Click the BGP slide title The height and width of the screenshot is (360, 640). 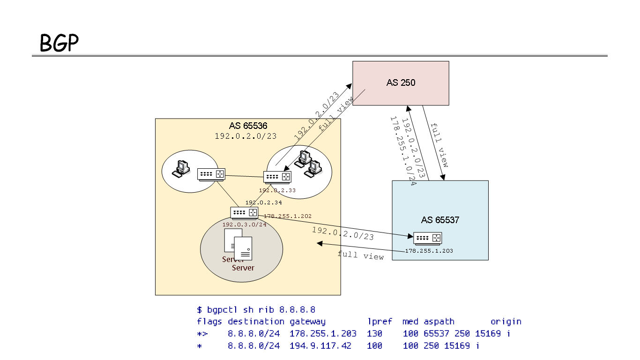click(59, 43)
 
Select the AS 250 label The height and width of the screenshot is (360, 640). click(401, 82)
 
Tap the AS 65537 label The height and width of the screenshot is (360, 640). click(440, 219)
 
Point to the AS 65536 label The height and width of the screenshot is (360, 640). click(248, 126)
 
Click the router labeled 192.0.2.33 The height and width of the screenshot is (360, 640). click(277, 177)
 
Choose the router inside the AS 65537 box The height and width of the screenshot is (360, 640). click(427, 238)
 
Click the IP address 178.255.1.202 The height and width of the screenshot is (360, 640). click(288, 216)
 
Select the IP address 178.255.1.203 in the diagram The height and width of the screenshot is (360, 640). click(430, 251)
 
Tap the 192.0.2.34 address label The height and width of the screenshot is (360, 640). click(264, 202)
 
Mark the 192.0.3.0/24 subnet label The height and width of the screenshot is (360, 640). click(244, 225)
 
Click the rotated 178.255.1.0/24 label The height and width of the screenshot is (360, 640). click(403, 151)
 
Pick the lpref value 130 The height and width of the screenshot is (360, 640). click(375, 333)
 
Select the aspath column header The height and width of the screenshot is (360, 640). click(439, 322)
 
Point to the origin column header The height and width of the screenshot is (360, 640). click(506, 322)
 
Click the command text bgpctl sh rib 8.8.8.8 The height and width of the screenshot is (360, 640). click(261, 309)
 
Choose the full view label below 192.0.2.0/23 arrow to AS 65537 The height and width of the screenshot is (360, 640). click(360, 255)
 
